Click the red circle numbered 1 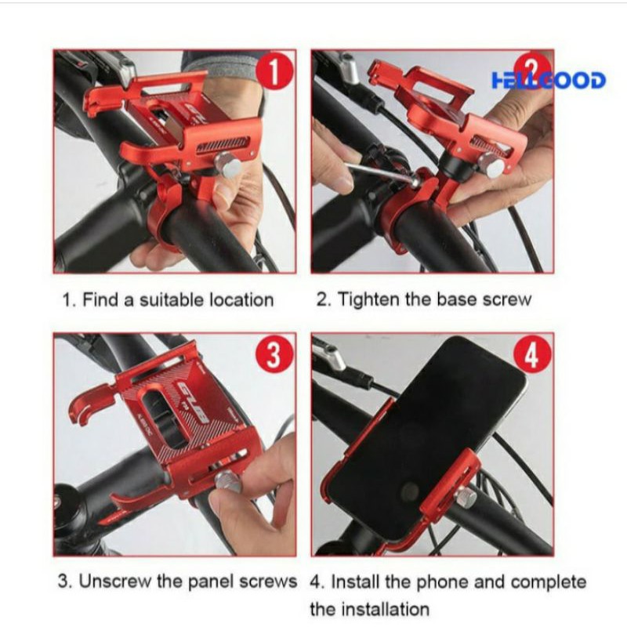point(275,72)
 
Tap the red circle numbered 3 point(274,354)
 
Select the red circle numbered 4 point(532,354)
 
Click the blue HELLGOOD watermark point(549,81)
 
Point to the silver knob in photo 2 point(491,164)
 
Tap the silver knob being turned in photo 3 point(228,483)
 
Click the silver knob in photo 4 point(465,498)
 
